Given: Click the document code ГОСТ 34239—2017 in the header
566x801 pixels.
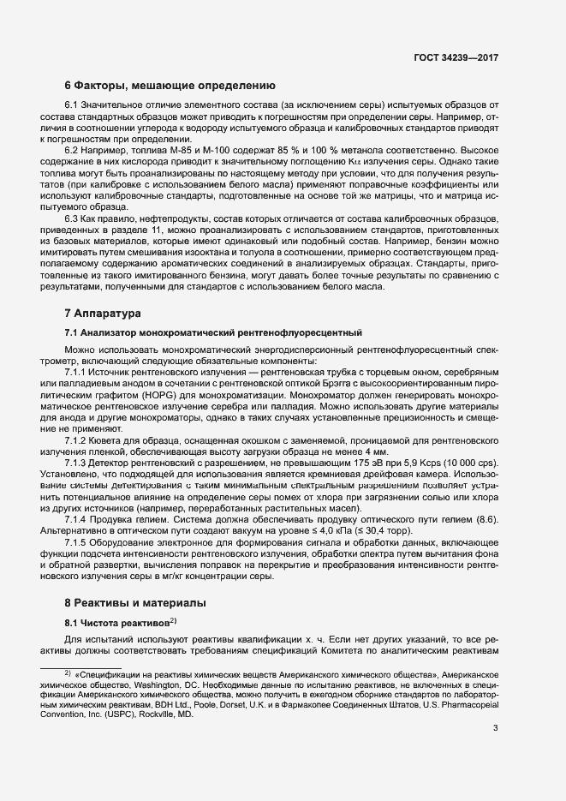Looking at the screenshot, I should tap(456, 57).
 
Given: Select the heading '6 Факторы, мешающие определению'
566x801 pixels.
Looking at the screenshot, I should tap(170, 86).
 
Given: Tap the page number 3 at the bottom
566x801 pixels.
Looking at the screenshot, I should tap(495, 728).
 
